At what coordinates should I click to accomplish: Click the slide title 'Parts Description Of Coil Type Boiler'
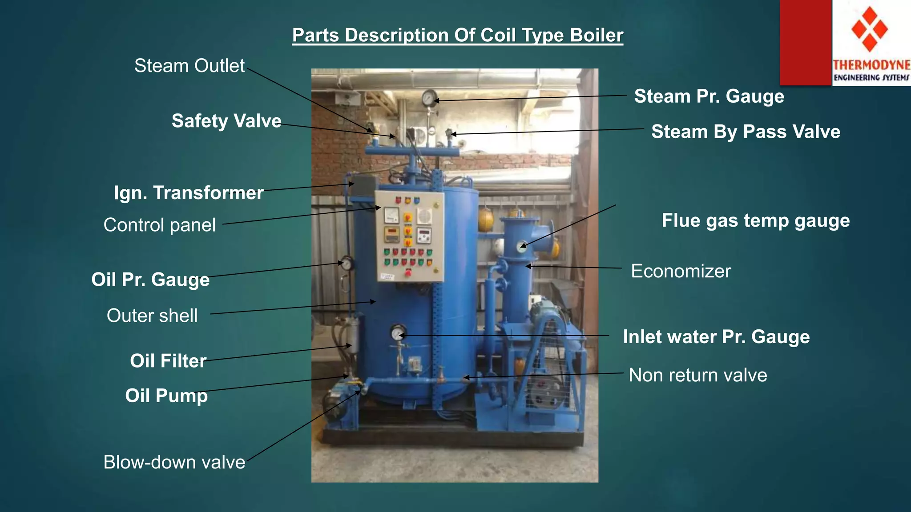point(457,35)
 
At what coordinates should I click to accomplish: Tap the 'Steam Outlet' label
point(189,66)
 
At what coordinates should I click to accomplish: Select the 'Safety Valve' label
point(226,121)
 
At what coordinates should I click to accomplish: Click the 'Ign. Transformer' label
point(189,193)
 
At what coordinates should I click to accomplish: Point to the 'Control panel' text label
point(159,225)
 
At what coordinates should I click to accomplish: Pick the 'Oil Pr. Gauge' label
point(150,280)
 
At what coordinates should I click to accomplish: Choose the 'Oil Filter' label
point(168,361)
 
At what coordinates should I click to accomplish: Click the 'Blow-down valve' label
point(174,462)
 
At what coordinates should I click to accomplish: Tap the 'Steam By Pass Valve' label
point(746,132)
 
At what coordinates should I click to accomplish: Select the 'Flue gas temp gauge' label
point(755,220)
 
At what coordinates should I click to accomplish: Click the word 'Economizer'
point(681,271)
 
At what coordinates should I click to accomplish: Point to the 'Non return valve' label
point(697,375)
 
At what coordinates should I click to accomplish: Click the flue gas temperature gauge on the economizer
point(521,246)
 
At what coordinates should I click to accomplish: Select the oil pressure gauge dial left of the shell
point(347,264)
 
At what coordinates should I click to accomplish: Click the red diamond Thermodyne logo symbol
point(870,29)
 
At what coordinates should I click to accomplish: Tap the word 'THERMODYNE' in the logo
point(871,65)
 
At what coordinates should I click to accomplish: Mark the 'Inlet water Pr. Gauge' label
point(716,337)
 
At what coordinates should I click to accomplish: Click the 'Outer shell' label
point(152,316)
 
